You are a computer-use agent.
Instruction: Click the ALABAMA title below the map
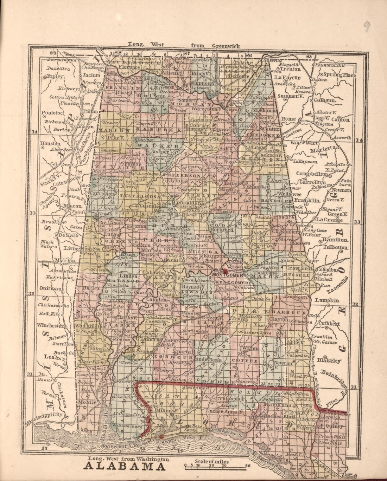(x=125, y=467)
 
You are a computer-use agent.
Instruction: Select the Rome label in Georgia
(x=287, y=119)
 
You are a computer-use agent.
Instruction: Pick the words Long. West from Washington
(x=128, y=459)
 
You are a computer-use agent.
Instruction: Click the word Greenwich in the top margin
(x=227, y=46)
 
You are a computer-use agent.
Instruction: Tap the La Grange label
(x=329, y=220)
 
